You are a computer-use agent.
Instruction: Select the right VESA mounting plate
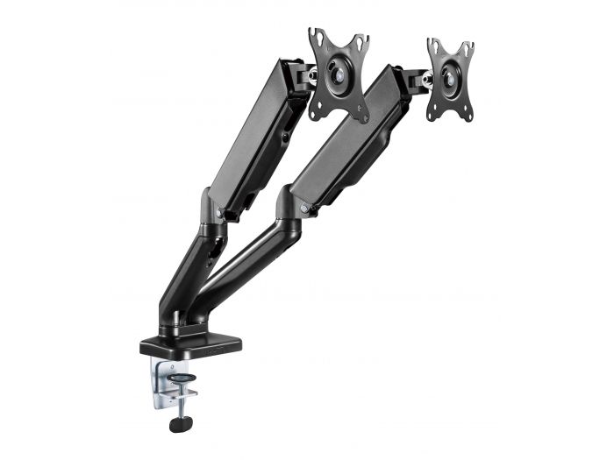450,80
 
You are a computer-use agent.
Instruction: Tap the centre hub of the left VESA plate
338,75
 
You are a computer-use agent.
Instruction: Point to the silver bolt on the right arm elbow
304,209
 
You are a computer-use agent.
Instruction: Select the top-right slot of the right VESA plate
469,49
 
